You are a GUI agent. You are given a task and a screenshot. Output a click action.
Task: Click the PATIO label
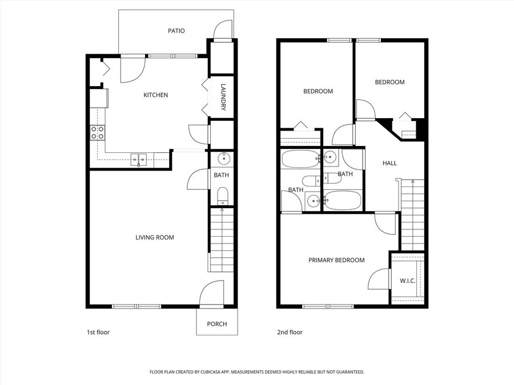click(x=176, y=31)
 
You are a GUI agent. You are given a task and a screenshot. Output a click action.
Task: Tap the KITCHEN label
click(x=156, y=95)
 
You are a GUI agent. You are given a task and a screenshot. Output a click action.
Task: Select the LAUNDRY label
click(x=223, y=98)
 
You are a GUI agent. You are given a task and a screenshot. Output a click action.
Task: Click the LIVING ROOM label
click(x=155, y=237)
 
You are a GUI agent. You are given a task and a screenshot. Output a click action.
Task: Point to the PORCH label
click(x=217, y=324)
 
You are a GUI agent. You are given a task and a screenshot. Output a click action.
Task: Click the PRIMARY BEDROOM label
click(x=336, y=260)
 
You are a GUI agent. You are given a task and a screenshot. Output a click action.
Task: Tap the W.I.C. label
click(x=407, y=281)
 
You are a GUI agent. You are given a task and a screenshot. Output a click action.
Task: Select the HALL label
click(x=389, y=163)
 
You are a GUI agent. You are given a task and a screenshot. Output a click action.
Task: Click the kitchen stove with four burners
click(x=98, y=133)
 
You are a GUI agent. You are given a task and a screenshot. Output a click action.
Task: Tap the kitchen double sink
click(x=139, y=160)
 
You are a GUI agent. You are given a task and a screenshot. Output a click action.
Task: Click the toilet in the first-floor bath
click(x=223, y=196)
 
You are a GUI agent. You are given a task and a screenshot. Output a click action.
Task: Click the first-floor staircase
click(x=222, y=240)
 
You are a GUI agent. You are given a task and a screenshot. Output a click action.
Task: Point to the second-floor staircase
click(x=413, y=215)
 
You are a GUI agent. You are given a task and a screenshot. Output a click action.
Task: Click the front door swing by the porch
click(x=212, y=293)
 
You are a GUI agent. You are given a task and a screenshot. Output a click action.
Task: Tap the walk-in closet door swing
click(x=379, y=279)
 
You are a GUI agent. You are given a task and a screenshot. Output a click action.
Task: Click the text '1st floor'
click(x=98, y=333)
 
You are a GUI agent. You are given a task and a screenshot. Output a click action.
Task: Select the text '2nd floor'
click(x=290, y=333)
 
